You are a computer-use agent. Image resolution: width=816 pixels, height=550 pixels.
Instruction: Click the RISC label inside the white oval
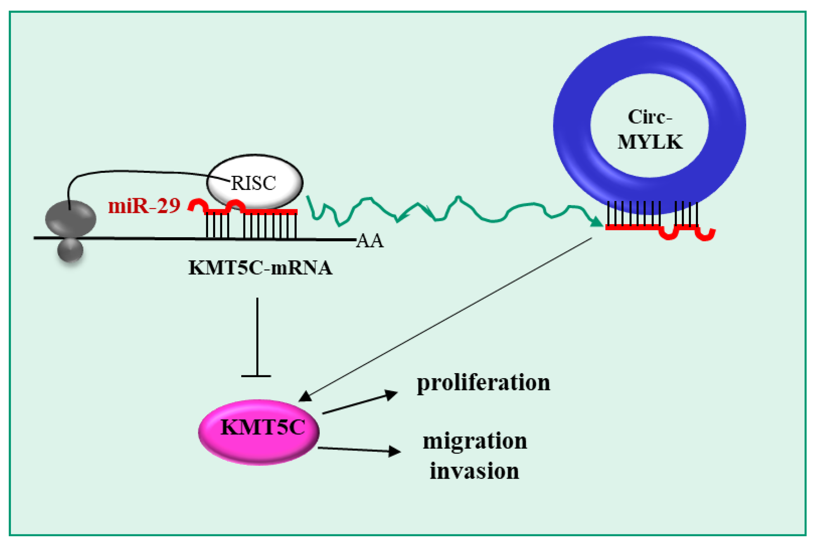click(253, 183)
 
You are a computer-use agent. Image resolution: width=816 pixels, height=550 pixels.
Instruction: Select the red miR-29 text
click(144, 206)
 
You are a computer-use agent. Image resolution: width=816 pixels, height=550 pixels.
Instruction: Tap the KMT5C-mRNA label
click(260, 268)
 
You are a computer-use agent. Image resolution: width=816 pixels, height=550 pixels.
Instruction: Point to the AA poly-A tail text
click(370, 241)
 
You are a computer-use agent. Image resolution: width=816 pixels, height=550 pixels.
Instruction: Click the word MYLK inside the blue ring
click(650, 142)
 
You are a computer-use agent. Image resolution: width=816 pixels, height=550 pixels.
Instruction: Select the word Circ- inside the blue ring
click(650, 117)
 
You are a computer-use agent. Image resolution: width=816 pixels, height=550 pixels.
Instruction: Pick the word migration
click(475, 441)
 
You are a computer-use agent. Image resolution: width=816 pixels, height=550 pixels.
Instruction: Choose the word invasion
click(474, 471)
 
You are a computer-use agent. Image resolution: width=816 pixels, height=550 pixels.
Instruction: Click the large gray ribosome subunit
click(70, 218)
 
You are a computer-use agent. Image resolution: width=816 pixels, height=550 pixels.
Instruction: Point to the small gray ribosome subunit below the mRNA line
click(70, 250)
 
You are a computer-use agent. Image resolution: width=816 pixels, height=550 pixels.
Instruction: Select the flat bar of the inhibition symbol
click(256, 376)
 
